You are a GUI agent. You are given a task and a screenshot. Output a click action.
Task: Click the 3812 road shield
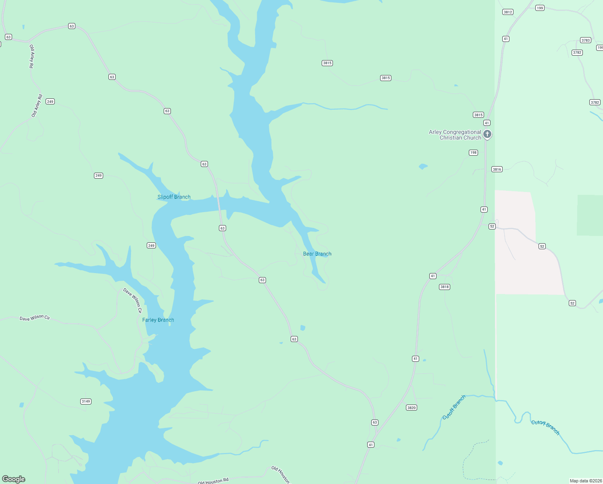point(508,12)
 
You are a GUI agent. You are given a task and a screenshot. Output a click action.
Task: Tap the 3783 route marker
point(586,40)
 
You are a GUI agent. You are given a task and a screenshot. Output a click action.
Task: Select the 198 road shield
point(473,152)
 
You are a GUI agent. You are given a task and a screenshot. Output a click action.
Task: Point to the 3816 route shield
point(497,169)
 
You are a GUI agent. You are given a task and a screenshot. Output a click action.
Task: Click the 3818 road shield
point(445,287)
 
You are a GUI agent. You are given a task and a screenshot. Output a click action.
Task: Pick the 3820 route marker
point(411,408)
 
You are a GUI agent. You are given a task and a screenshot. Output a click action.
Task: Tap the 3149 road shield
point(86,401)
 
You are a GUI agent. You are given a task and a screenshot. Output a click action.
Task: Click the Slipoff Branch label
point(174,197)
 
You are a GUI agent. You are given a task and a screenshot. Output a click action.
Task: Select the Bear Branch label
point(317,254)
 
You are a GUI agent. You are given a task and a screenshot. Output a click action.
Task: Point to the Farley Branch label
point(158,320)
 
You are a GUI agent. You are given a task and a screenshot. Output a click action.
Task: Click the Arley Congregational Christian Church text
point(455,135)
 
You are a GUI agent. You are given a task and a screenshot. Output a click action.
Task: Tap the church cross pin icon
point(487,134)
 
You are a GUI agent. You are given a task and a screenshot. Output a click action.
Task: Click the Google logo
point(14,479)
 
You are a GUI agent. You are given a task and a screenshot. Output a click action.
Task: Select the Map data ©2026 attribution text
point(585,481)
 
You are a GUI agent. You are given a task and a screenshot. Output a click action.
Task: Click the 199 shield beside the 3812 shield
point(540,8)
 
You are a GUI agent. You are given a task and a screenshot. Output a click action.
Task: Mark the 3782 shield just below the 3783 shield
point(577,52)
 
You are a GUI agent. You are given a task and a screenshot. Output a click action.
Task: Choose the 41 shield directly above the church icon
point(487,123)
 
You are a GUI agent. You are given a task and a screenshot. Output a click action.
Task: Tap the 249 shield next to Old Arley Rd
point(50,102)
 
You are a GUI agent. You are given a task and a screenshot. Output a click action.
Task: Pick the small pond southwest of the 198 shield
point(423,166)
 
